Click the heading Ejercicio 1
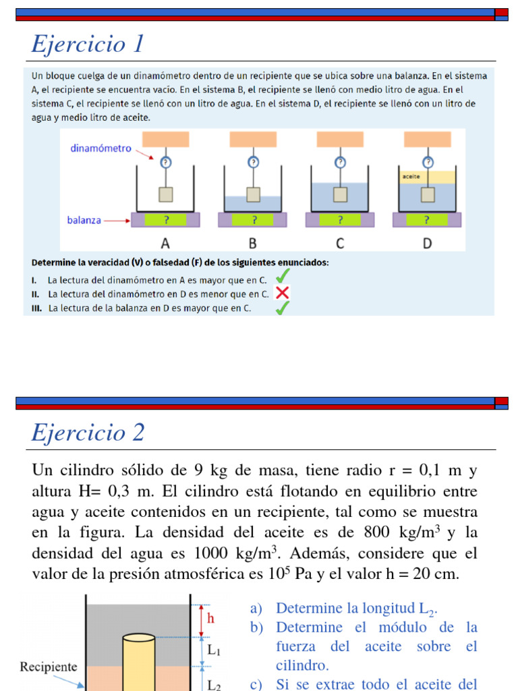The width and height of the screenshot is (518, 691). coord(88,45)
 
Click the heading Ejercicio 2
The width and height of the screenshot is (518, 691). coord(88,433)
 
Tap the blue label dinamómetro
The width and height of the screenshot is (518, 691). coord(101,148)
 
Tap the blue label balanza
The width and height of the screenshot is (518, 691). coord(84,220)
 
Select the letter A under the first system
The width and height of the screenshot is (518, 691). coord(166,242)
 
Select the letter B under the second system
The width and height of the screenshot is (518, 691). coord(253,242)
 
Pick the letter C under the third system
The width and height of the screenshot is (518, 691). coord(340,242)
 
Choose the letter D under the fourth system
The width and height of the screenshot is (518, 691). coord(427,242)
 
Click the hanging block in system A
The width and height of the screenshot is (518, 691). coord(166,194)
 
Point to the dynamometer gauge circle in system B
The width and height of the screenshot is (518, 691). coord(253,162)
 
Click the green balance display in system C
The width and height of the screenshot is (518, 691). coord(340,219)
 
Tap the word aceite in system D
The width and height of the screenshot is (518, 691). coord(411,177)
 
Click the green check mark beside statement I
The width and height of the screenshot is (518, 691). coord(283,277)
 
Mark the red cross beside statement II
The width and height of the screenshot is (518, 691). coord(283,293)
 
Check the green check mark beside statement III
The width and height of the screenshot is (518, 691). coord(283,308)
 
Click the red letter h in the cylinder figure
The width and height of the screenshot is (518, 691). coord(211,618)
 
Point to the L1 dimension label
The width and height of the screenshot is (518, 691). coord(214,651)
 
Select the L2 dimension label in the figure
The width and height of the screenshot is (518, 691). coord(214,684)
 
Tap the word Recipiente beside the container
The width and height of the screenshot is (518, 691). coord(49,667)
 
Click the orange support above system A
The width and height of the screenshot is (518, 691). coord(166,139)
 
